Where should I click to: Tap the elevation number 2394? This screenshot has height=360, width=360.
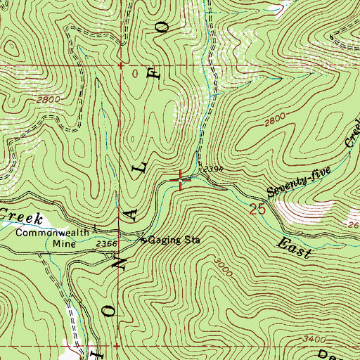coord(213,170)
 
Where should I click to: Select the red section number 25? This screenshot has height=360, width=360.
coord(258,208)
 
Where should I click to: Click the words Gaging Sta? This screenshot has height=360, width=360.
coord(174,240)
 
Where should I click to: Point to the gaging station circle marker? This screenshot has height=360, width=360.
coord(145,240)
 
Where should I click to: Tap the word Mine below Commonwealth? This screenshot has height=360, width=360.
coord(64,244)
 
